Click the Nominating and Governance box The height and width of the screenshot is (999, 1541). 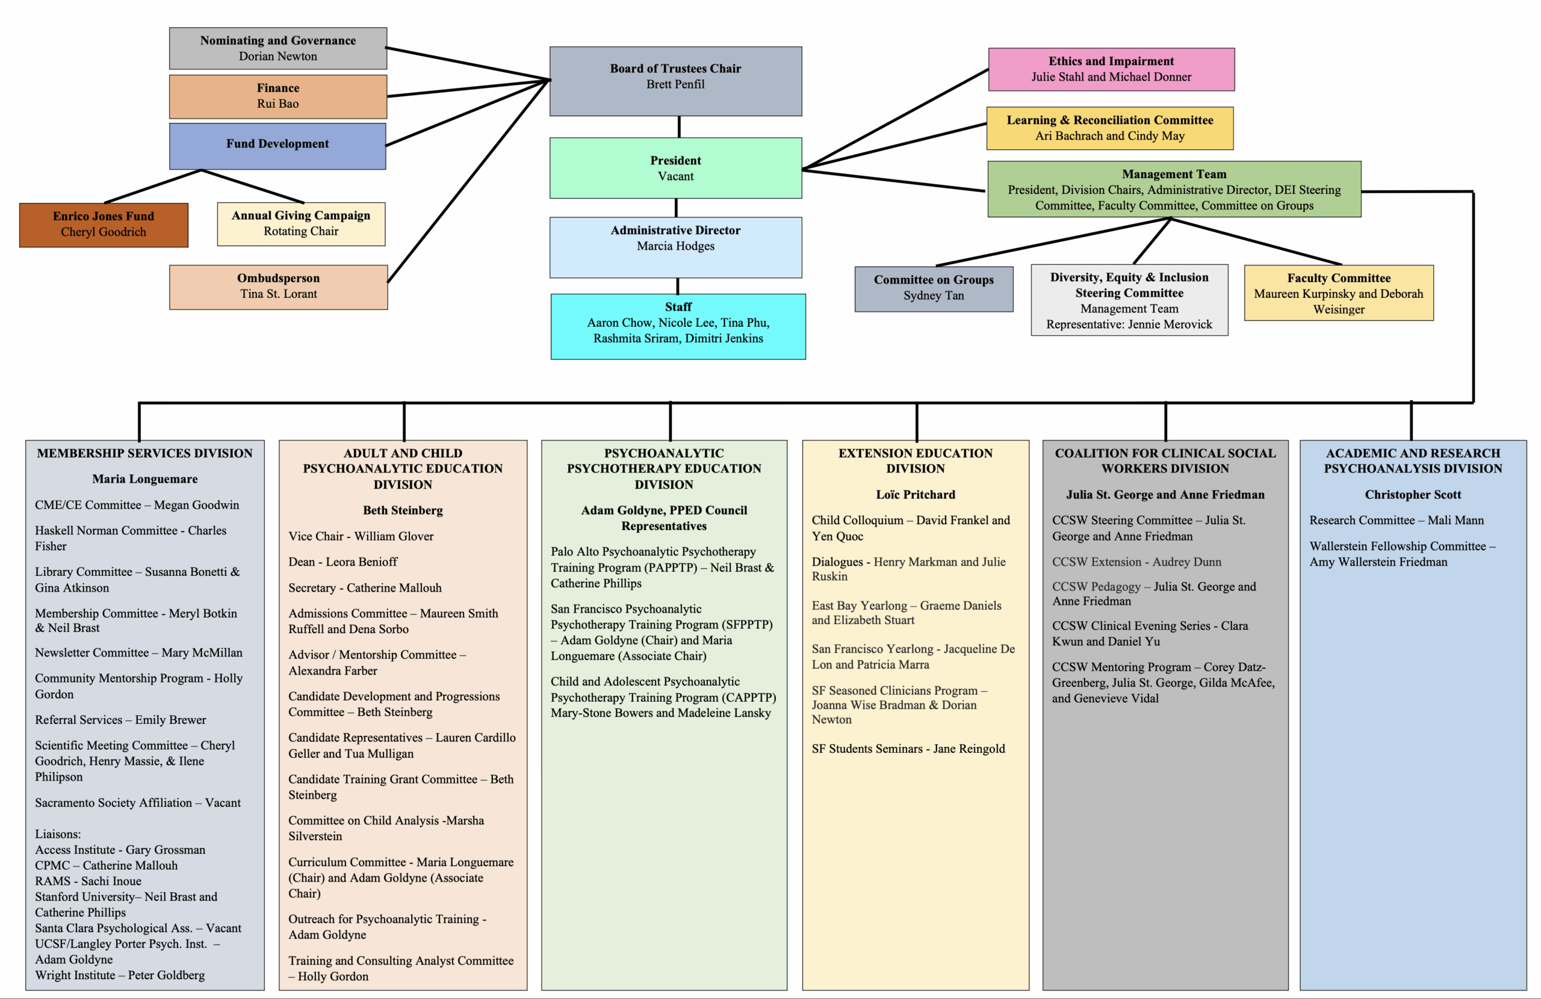(278, 49)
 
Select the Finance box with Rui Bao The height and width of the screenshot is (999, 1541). (278, 96)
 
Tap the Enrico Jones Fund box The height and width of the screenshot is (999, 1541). (104, 224)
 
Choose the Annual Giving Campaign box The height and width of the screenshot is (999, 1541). (301, 224)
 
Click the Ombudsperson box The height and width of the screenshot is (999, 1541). (279, 287)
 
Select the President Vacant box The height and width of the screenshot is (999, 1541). (675, 168)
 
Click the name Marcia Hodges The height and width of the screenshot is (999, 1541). (675, 246)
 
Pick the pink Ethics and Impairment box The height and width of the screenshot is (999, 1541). (1111, 69)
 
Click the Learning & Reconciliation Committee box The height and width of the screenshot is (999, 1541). (1110, 128)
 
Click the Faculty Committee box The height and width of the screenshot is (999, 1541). (1338, 292)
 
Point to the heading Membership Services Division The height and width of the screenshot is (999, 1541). (144, 453)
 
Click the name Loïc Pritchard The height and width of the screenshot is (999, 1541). (916, 495)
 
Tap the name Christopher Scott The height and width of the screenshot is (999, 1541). (1413, 495)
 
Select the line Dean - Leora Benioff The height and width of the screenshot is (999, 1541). (343, 562)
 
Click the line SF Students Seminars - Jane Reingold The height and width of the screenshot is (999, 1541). (908, 749)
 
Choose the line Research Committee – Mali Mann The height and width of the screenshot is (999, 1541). (1397, 521)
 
